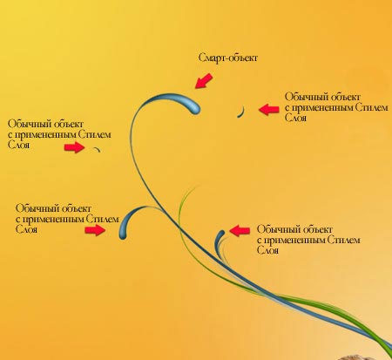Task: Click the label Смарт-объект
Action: tap(228, 58)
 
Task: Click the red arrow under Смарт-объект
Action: tap(204, 80)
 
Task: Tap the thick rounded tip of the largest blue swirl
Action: tap(193, 107)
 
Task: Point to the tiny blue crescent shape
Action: tap(241, 112)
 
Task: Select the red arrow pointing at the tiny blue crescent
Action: tap(269, 110)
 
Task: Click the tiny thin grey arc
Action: tap(97, 149)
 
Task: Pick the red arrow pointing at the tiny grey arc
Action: tap(74, 147)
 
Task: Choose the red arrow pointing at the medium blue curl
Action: tap(95, 230)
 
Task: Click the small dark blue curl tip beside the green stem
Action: tap(220, 234)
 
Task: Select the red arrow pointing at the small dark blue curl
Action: tap(240, 230)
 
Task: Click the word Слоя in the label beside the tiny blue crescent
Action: tap(295, 118)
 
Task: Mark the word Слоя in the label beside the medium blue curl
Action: tap(26, 229)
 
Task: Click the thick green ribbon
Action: tap(334, 312)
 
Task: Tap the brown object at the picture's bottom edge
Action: tap(360, 357)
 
